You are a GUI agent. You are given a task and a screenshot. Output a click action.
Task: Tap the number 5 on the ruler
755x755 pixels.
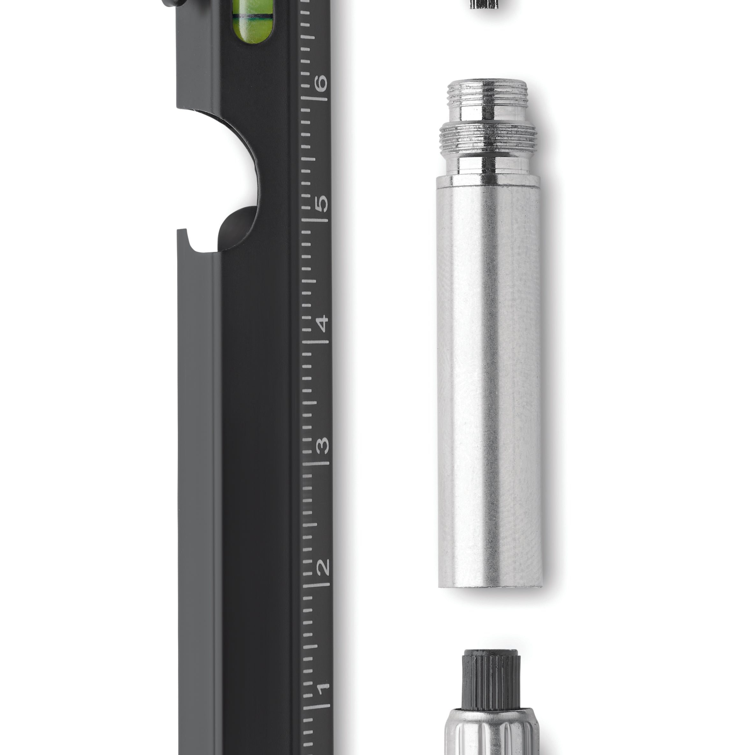[x=322, y=203]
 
